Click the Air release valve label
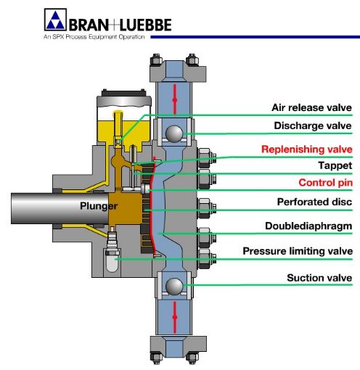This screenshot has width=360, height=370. click(311, 107)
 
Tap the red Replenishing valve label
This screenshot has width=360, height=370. click(308, 149)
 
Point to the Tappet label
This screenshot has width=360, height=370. click(335, 165)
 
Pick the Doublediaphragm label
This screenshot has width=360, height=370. click(309, 226)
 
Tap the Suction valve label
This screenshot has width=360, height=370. click(319, 277)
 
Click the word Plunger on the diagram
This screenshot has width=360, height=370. click(98, 206)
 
